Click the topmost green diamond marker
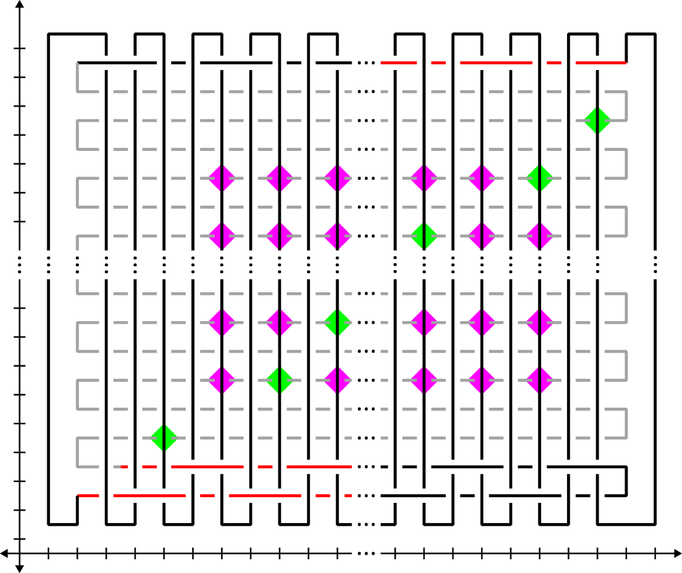[597, 121]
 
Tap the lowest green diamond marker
[164, 438]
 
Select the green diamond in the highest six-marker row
[540, 179]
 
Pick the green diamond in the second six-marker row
[424, 236]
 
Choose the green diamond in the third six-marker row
[338, 322]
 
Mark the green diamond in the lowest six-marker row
[280, 381]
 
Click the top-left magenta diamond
[222, 179]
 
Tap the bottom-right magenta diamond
[540, 381]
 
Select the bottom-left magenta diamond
[222, 381]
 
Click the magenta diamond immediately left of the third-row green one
[280, 322]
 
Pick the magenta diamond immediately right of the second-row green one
[482, 236]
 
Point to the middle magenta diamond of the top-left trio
[280, 179]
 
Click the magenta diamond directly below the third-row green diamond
[338, 381]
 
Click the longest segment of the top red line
[496, 62]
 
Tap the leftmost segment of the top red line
[398, 62]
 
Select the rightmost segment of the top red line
[601, 62]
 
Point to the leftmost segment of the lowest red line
[88, 495]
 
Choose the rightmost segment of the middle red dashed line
[319, 467]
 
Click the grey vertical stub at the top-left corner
[78, 77]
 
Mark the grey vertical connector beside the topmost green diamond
[626, 106]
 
